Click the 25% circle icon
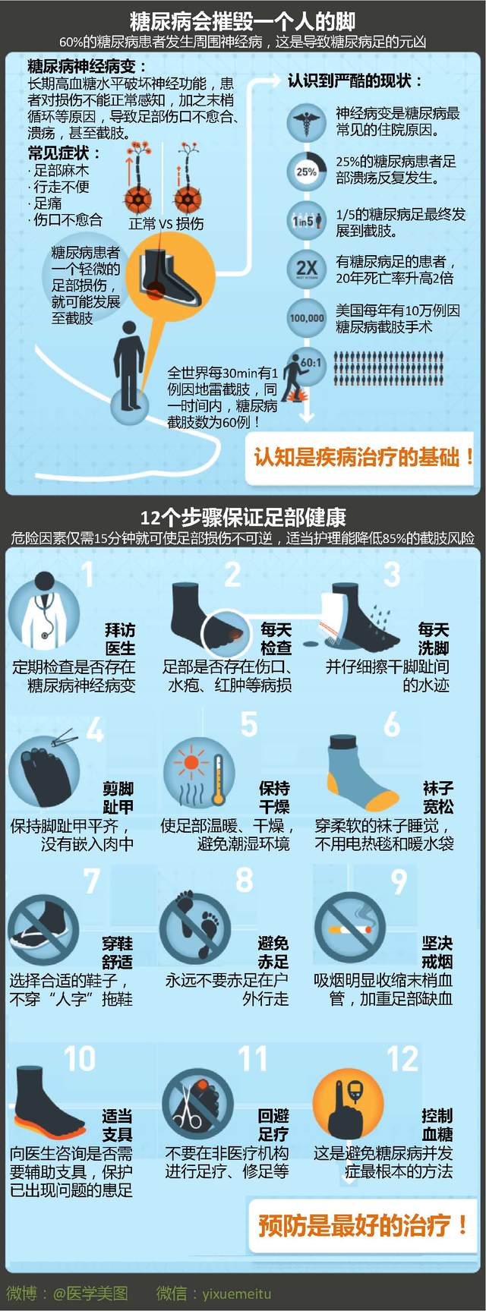coord(306,171)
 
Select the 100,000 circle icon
coord(306,317)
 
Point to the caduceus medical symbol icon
coord(306,121)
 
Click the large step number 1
coord(88,575)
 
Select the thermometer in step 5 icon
coord(218,779)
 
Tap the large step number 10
coord(79,1058)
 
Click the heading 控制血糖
coord(437,1124)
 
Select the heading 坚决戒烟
coord(437,952)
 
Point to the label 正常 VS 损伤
coord(166,223)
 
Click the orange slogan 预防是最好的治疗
coord(362,1224)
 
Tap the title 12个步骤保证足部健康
coord(243,517)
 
